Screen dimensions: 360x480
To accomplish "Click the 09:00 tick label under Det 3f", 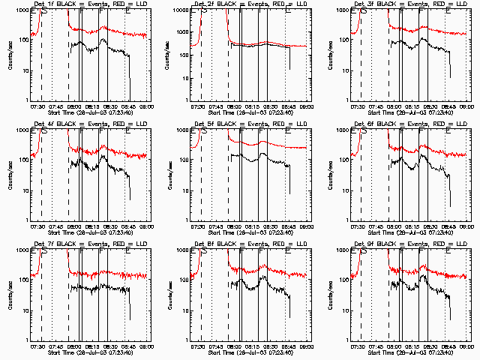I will pyautogui.click(x=466, y=106).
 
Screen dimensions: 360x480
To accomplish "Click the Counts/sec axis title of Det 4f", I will pyautogui.click(x=9, y=175).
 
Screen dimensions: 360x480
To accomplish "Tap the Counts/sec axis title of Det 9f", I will pyautogui.click(x=330, y=295).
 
